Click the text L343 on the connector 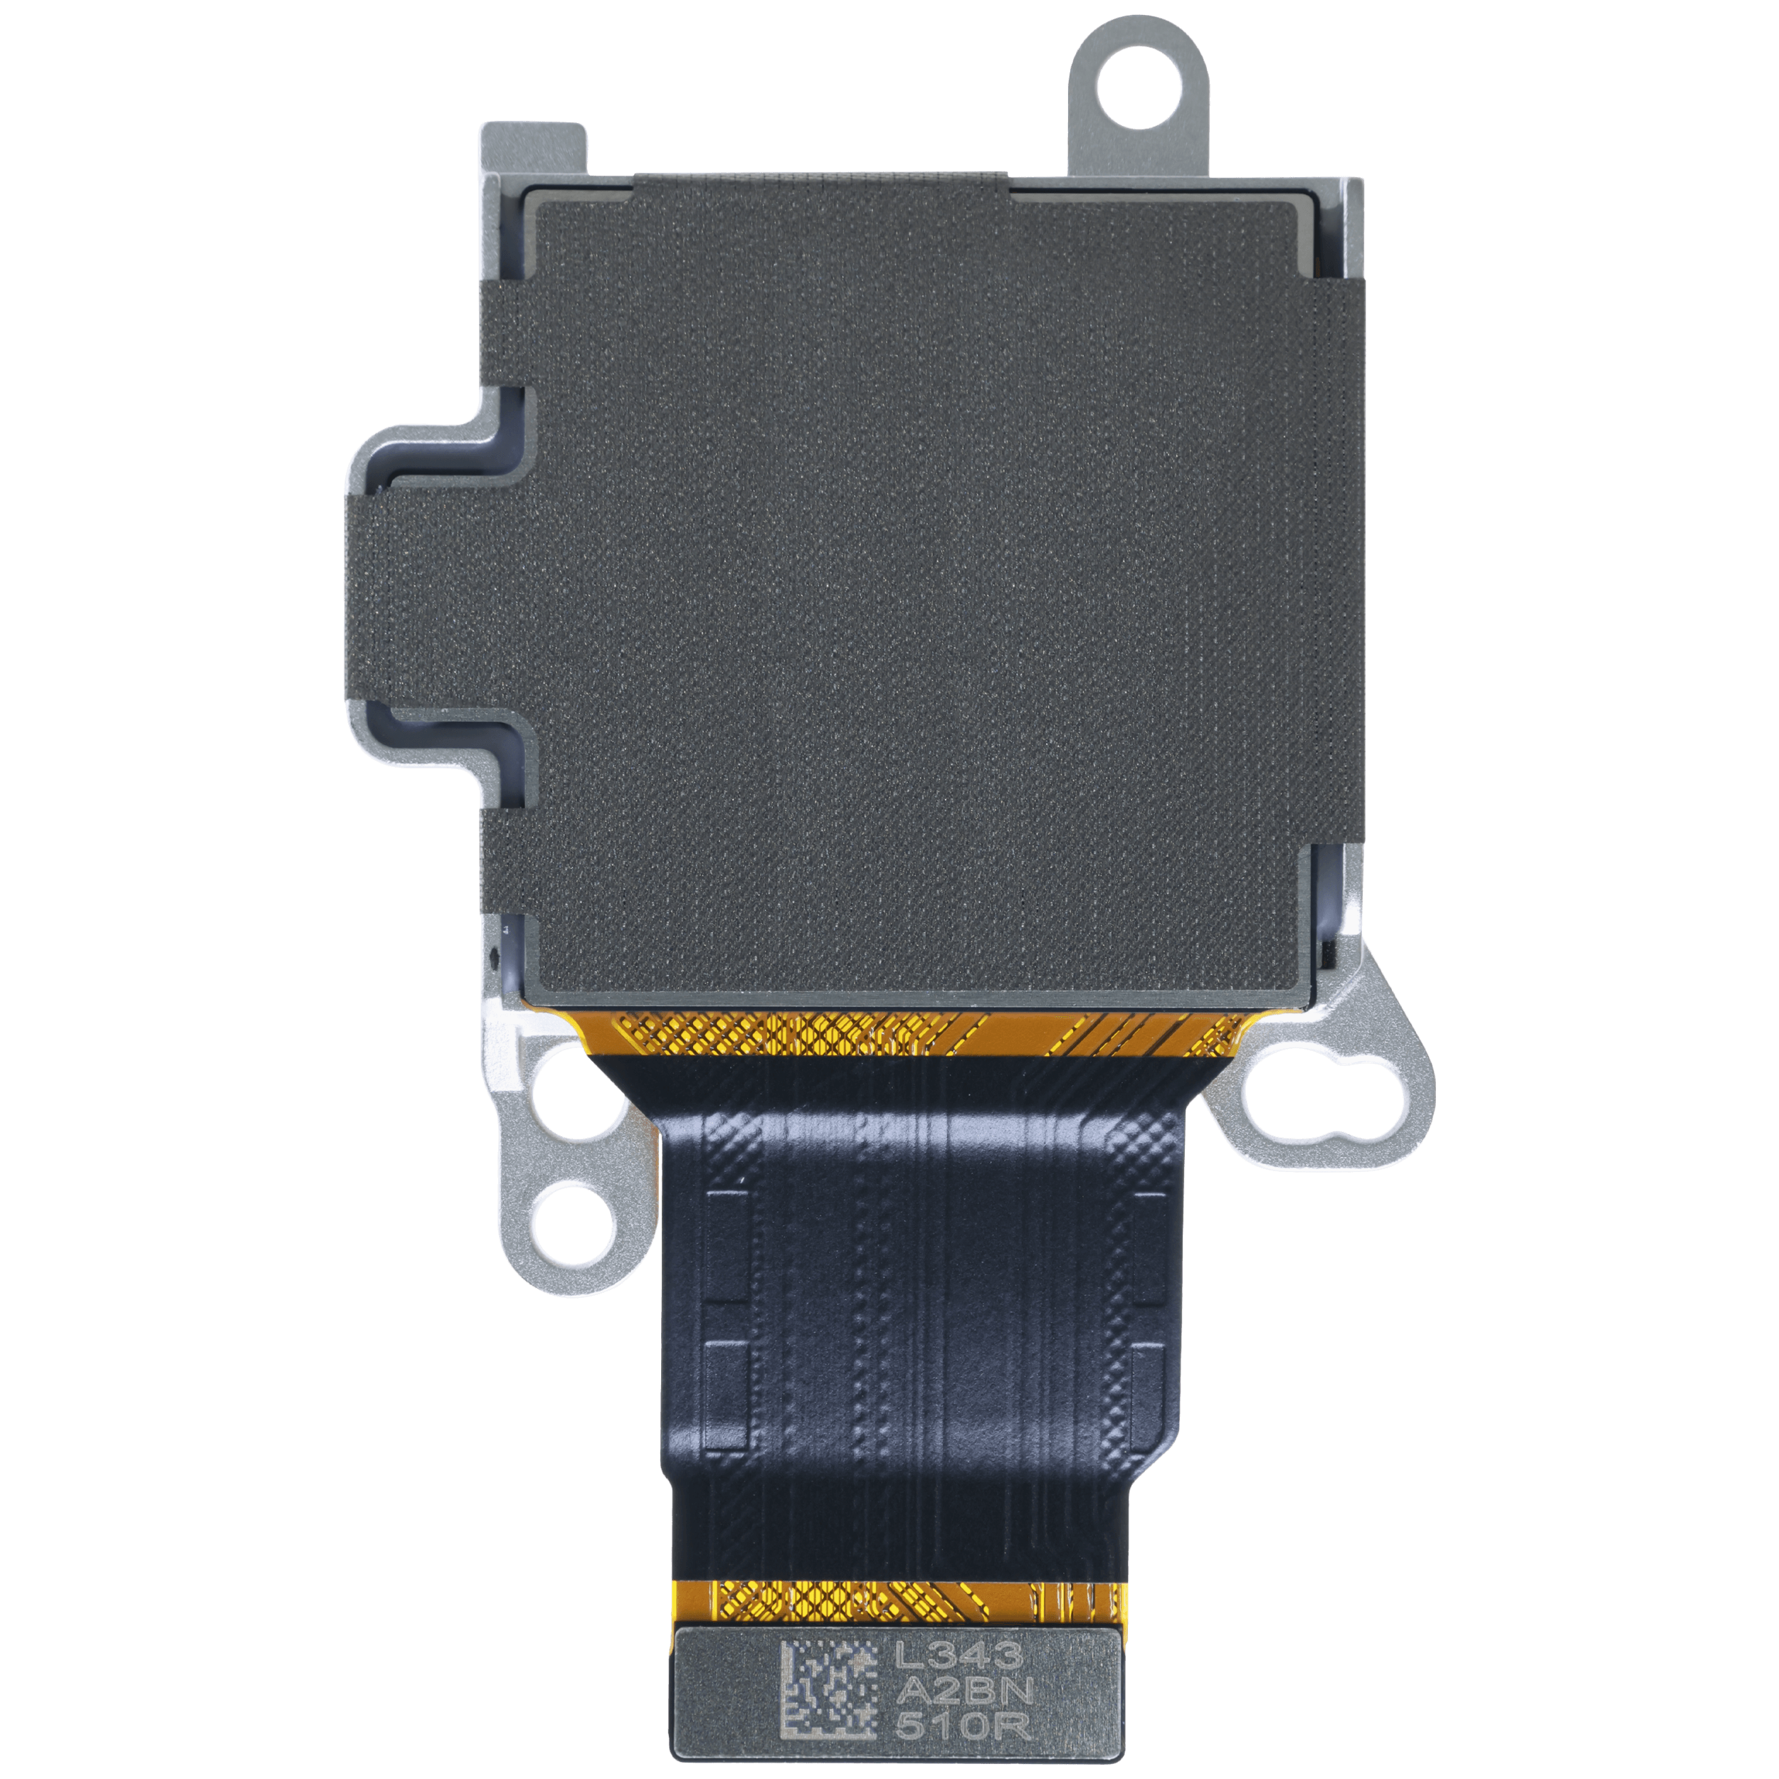click(959, 1630)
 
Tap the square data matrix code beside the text click(829, 1665)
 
